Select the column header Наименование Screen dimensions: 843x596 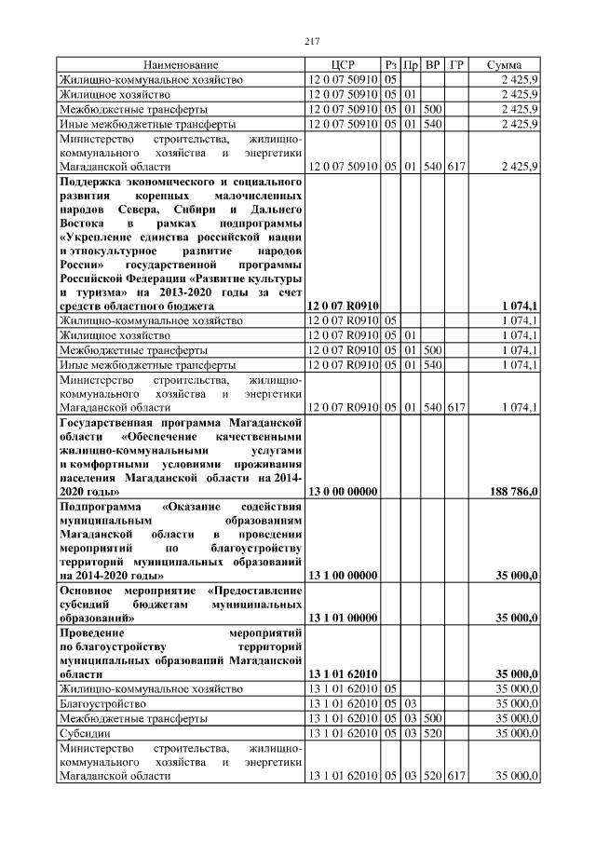(x=181, y=65)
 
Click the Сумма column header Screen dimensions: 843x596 (x=509, y=65)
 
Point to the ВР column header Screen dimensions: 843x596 (x=432, y=65)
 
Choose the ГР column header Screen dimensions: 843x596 (x=456, y=65)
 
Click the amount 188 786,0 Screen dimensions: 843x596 (x=512, y=491)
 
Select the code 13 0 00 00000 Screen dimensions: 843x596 (x=342, y=491)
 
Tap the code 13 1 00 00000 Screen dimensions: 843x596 (x=342, y=577)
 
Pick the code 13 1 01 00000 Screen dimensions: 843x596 (x=342, y=617)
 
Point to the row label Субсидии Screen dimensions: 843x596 (x=81, y=733)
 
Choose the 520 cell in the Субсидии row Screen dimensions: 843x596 (x=432, y=733)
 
